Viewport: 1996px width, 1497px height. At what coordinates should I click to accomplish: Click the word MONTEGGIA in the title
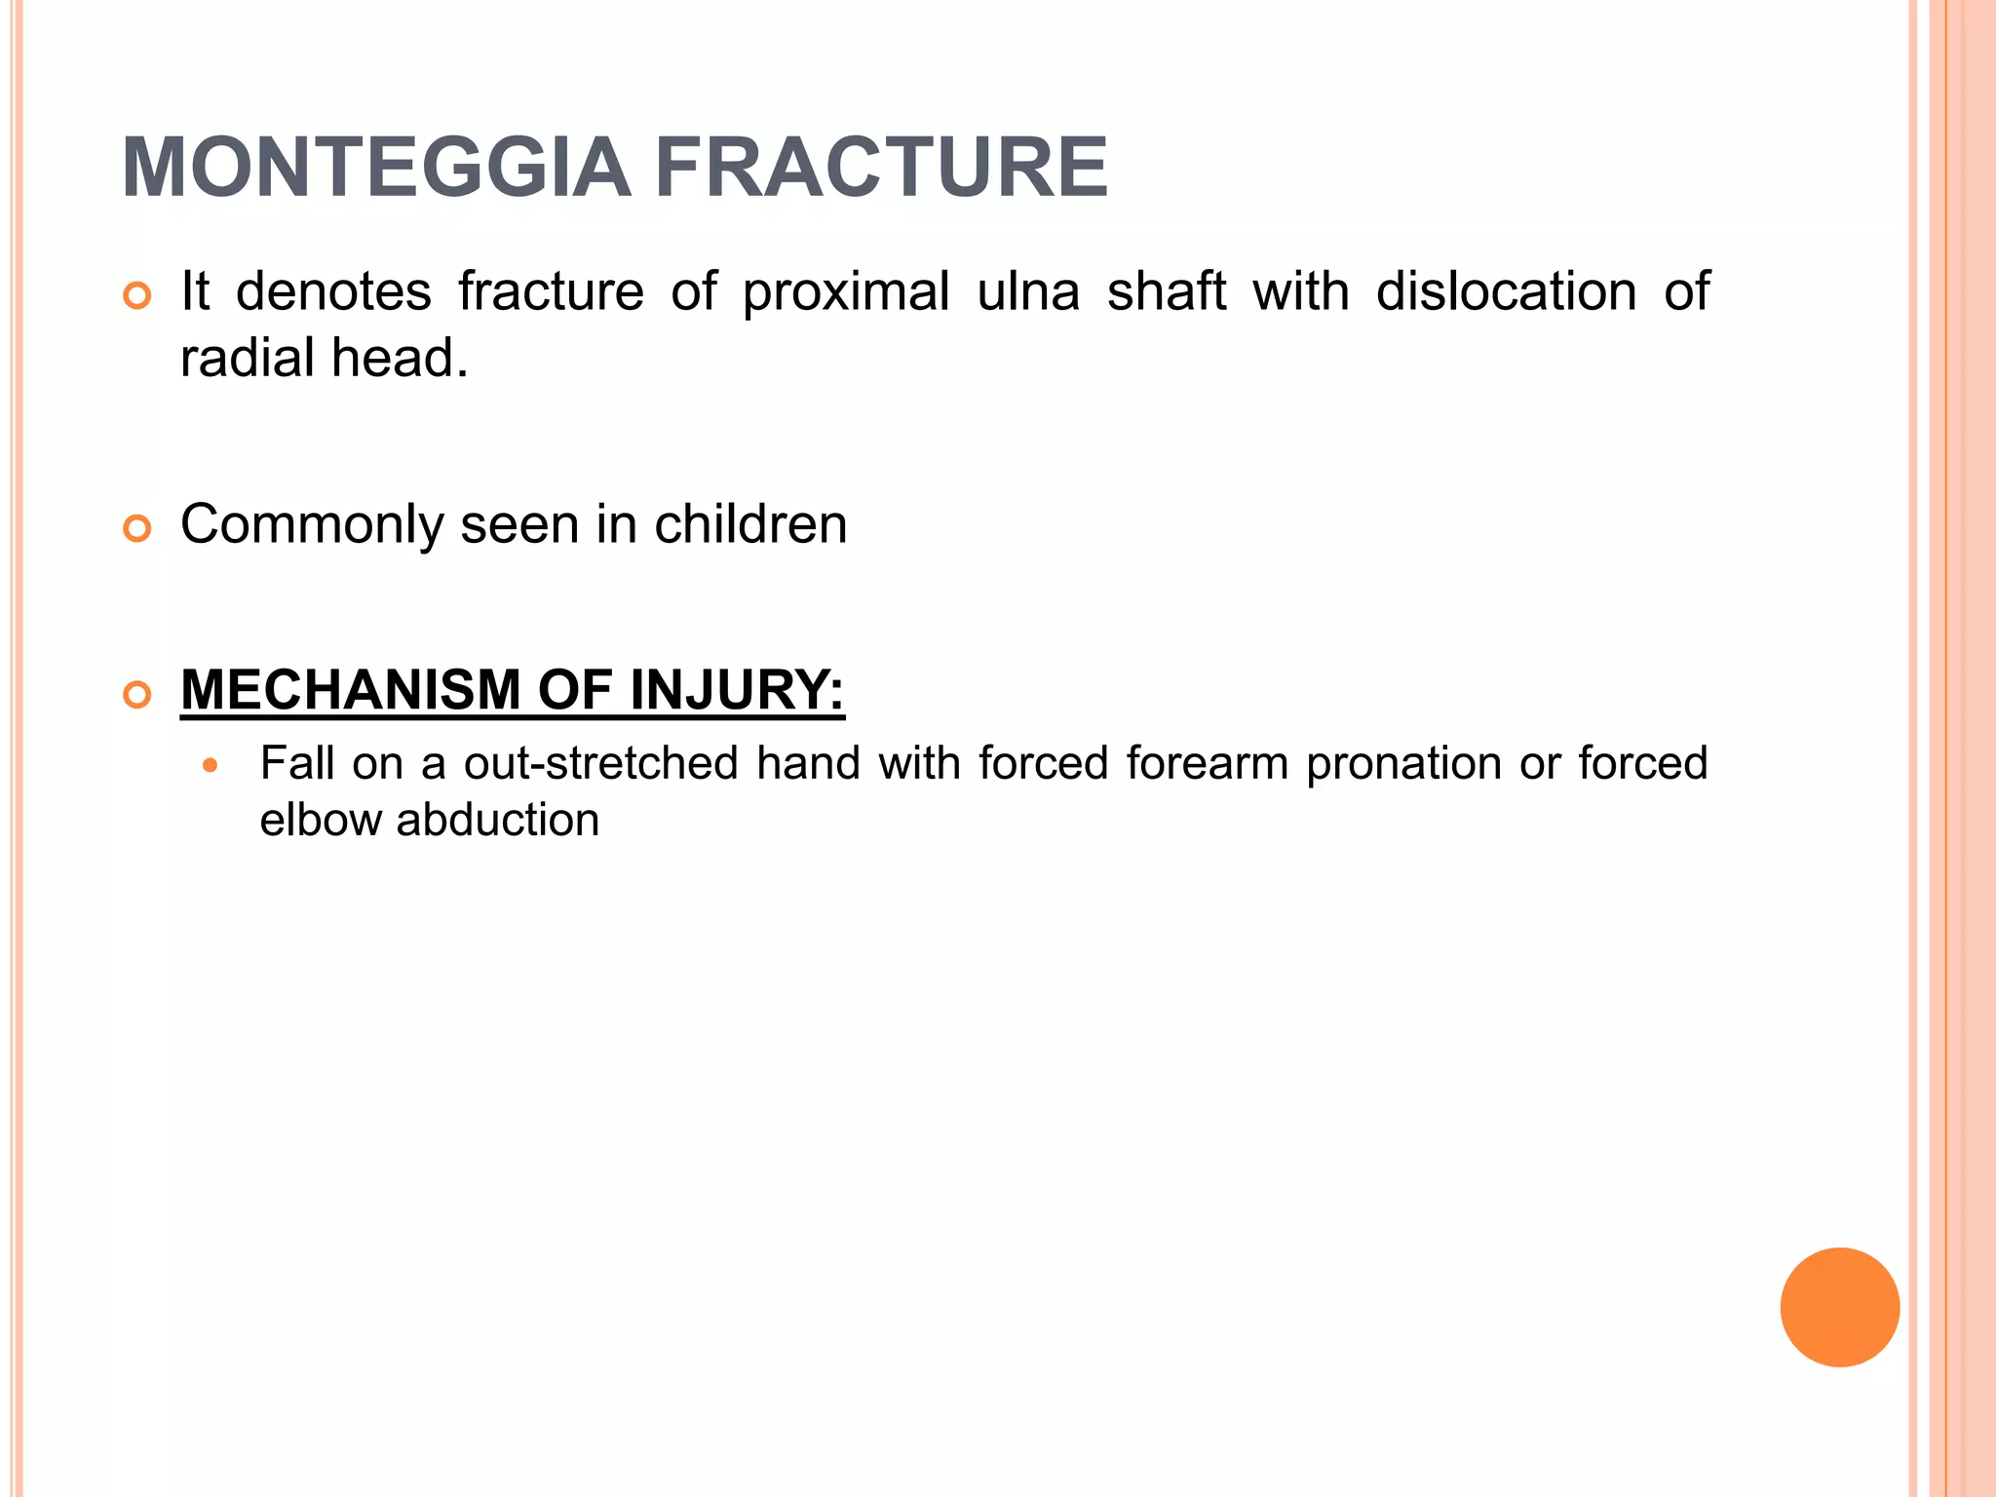coord(376,168)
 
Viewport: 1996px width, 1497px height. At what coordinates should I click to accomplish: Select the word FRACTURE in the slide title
coord(881,168)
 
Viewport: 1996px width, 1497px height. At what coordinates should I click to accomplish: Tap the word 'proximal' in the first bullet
coord(846,292)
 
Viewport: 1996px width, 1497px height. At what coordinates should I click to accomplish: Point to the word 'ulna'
coord(1028,292)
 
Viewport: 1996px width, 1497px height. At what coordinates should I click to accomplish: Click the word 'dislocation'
coord(1506,292)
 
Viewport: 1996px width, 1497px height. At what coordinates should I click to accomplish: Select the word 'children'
coord(750,524)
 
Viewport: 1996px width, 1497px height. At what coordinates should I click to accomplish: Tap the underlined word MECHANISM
coord(351,690)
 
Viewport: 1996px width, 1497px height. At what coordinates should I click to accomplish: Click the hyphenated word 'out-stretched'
coord(600,763)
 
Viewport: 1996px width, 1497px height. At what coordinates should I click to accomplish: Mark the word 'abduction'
coord(498,820)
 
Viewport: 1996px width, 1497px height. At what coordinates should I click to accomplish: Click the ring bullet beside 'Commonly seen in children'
coord(137,528)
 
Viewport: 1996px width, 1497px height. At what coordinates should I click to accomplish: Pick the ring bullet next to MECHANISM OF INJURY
coord(137,695)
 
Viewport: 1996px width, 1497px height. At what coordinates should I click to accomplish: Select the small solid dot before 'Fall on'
coord(210,766)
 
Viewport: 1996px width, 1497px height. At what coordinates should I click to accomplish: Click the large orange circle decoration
coord(1839,1307)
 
